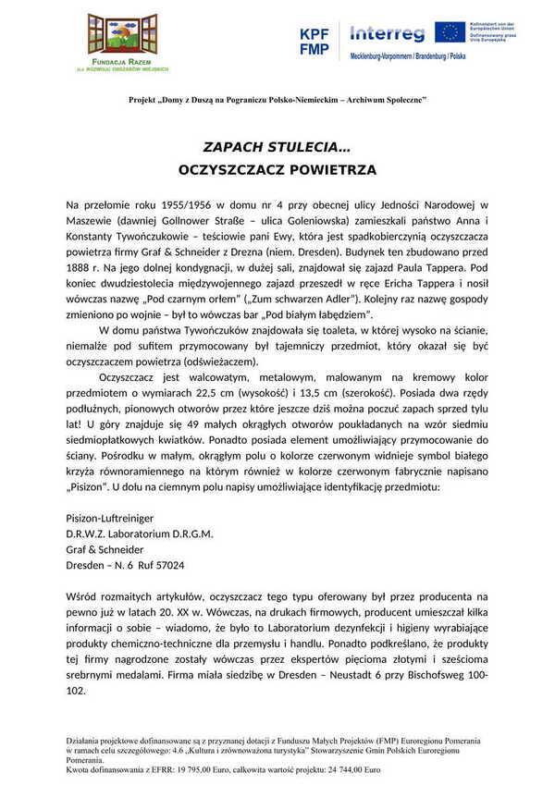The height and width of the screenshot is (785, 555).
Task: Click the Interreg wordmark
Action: click(x=387, y=35)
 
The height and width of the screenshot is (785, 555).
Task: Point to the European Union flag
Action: click(x=450, y=32)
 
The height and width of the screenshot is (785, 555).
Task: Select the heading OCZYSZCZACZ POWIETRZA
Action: click(x=277, y=170)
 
